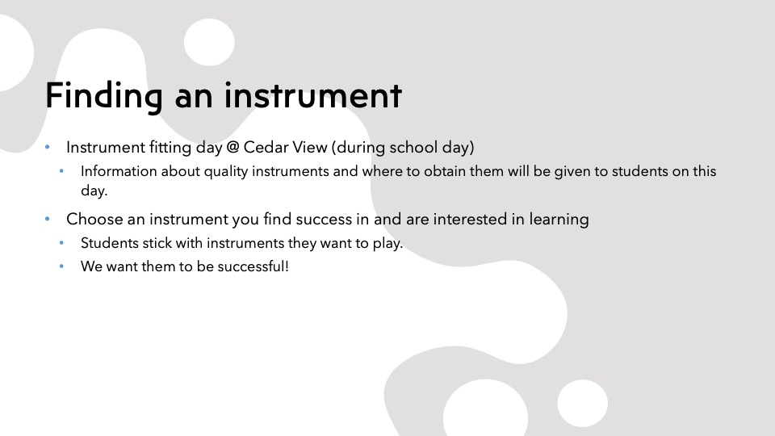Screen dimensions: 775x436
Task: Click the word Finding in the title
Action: pos(104,96)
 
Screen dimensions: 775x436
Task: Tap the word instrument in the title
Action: pos(313,95)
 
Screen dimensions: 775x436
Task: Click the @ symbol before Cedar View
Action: pos(232,147)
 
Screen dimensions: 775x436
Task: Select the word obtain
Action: pos(444,171)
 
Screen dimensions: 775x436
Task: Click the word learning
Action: pos(559,220)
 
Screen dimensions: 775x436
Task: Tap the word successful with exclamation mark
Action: pos(253,266)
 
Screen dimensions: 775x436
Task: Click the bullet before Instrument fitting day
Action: pos(48,147)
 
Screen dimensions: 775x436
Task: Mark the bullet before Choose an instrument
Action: pos(48,219)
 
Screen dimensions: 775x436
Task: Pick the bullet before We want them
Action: pos(62,266)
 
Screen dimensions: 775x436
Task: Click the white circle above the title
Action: pos(209,42)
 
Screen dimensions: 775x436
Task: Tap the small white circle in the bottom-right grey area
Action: pos(582,403)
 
